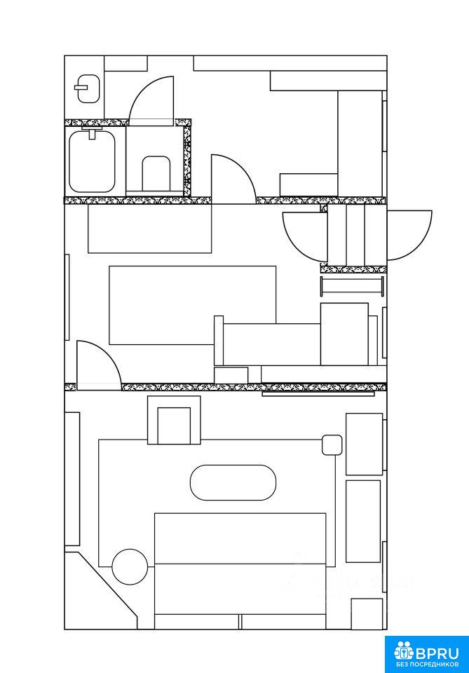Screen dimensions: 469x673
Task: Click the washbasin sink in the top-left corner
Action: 88,89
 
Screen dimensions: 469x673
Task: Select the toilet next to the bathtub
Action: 156,173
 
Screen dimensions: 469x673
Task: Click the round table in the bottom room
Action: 130,566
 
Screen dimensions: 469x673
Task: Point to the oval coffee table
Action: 233,482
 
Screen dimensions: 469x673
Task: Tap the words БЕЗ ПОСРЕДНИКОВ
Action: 426,665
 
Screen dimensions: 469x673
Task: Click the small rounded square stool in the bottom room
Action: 332,444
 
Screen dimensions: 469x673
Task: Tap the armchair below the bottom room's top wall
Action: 174,420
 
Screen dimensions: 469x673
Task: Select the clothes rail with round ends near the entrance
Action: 353,286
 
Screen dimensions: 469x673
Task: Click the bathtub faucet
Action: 92,132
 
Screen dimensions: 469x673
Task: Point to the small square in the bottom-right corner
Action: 367,614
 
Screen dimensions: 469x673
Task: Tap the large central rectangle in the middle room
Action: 193,305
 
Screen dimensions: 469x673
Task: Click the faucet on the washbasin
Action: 81,87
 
